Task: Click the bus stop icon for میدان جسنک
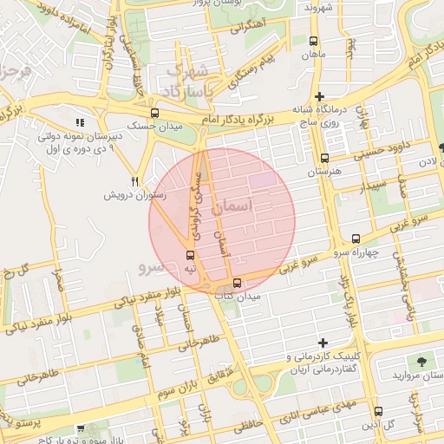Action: pos(154,113)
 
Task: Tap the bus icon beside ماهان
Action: pos(313,40)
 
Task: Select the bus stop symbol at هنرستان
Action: pos(324,159)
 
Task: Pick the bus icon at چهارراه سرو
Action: pos(356,238)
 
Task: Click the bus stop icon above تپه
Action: pos(191,255)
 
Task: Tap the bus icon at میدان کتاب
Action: pos(237,283)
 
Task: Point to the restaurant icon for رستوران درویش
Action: pos(134,181)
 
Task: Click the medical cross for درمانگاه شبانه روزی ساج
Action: pos(320,96)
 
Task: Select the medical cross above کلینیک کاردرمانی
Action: pos(323,343)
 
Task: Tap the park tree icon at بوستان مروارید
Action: pos(422,361)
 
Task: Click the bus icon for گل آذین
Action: pos(378,412)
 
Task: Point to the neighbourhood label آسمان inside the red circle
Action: pos(254,206)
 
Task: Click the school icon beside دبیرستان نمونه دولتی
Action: pos(81,123)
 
